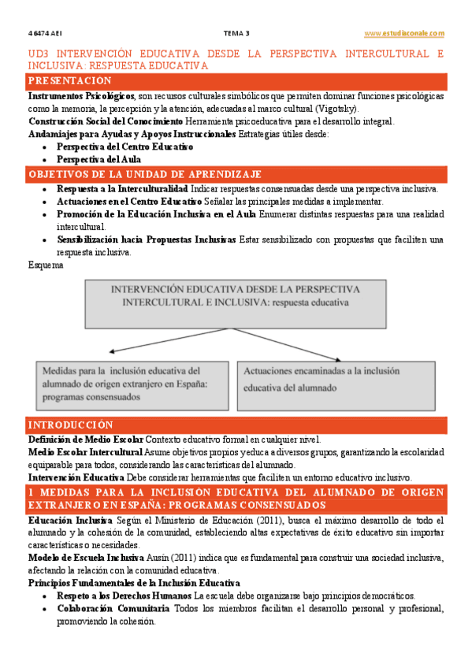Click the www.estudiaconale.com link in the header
(404, 33)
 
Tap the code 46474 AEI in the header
(42, 33)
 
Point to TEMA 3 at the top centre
(236, 33)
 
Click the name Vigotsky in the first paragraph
(336, 108)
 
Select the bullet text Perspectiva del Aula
(98, 159)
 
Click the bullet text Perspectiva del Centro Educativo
(125, 147)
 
